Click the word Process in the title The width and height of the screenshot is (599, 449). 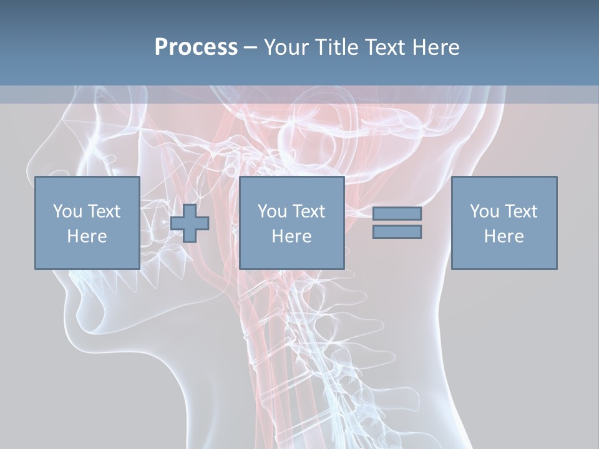[196, 47]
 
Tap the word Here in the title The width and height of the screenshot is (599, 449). [436, 47]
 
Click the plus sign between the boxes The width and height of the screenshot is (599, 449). [190, 223]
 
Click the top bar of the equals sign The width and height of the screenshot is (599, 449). [397, 213]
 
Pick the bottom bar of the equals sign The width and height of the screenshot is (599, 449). [397, 232]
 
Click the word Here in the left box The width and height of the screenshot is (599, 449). [87, 236]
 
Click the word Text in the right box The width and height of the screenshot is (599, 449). [520, 211]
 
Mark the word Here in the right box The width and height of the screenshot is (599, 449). [504, 236]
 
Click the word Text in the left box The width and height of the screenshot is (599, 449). [103, 211]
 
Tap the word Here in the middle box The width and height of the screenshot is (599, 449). [292, 236]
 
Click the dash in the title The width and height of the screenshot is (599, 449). [251, 47]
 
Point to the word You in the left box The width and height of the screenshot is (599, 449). [67, 211]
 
